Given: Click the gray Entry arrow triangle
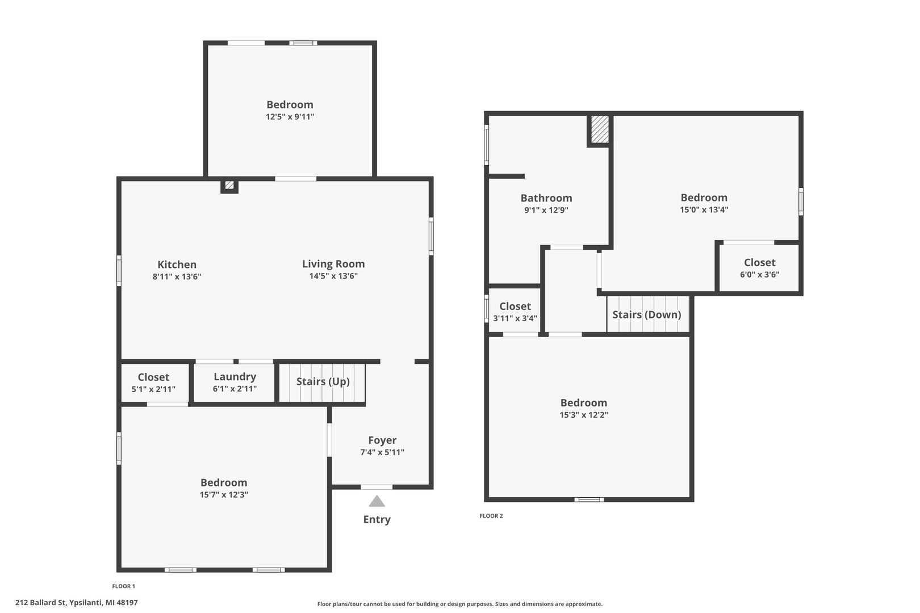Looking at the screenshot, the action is (x=377, y=501).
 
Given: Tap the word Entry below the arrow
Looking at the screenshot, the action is (x=377, y=520).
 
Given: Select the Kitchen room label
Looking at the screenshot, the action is (x=177, y=264).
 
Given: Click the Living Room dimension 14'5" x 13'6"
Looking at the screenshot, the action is (x=333, y=276).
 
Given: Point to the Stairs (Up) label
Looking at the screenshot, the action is (x=323, y=382).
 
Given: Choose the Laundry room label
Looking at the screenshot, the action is (x=235, y=377).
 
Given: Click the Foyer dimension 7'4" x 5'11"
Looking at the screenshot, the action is (x=382, y=452).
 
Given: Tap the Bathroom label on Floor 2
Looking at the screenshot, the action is (x=546, y=198).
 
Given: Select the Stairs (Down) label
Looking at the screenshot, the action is (x=646, y=315).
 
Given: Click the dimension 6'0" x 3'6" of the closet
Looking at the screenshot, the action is (x=759, y=275).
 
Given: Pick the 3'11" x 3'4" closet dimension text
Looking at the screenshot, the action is (x=515, y=318).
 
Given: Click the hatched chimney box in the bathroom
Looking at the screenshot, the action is (x=600, y=129).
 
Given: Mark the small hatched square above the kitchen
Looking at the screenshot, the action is (x=229, y=185).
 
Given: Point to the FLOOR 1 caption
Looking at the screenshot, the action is (x=124, y=586).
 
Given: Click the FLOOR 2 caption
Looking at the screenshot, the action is (x=491, y=516).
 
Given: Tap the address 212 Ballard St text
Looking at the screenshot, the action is (x=41, y=603).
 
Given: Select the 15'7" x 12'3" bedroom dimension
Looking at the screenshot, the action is (x=224, y=495).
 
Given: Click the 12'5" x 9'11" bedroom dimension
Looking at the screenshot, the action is (x=290, y=116).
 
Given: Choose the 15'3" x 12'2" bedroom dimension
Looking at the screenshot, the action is (x=584, y=415).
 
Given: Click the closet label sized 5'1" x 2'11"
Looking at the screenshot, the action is (x=153, y=377).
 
